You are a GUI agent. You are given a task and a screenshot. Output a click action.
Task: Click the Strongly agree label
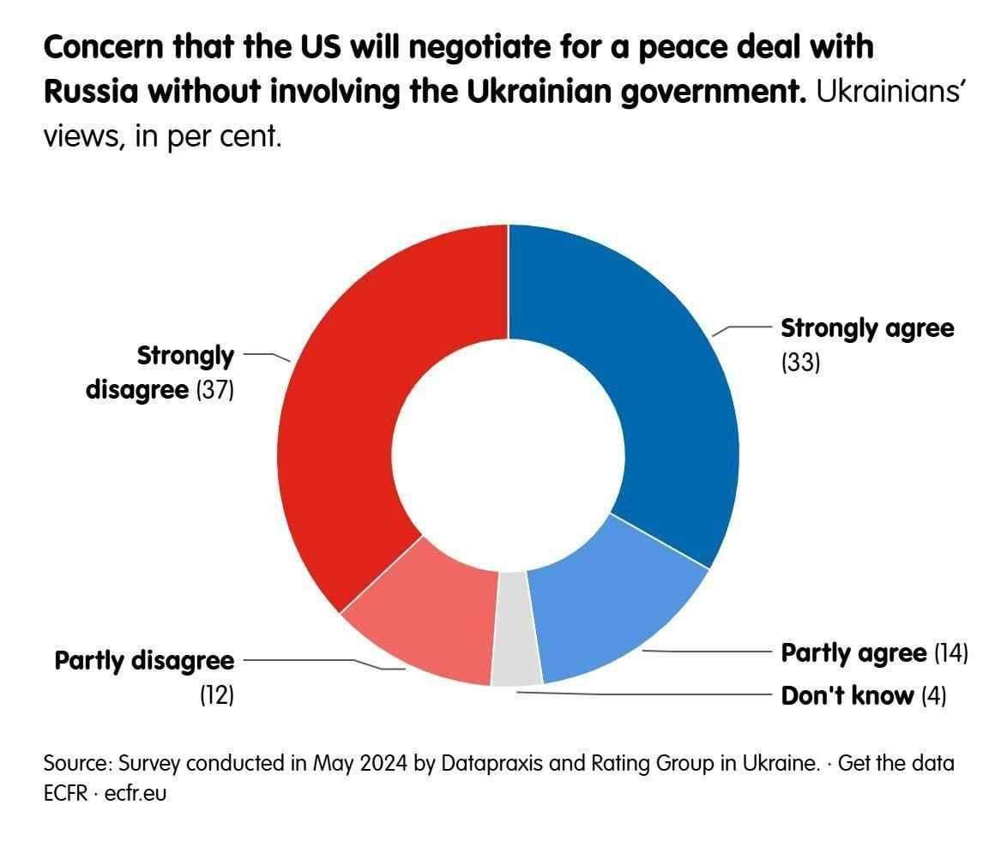point(866,328)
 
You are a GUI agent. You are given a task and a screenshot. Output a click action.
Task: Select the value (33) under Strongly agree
point(800,363)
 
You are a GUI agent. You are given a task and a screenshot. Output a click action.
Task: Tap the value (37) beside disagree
point(215,390)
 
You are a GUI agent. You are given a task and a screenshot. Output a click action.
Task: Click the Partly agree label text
point(853,653)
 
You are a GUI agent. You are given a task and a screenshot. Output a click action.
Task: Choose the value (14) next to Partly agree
point(950,653)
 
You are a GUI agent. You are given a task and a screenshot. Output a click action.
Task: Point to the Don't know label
point(847,695)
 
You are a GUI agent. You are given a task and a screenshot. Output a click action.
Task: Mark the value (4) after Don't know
point(933,695)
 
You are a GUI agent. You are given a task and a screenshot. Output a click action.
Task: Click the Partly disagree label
point(144,661)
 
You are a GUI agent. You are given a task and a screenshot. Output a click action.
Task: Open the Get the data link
point(896,763)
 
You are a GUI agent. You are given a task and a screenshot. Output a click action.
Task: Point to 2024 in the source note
point(383,763)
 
